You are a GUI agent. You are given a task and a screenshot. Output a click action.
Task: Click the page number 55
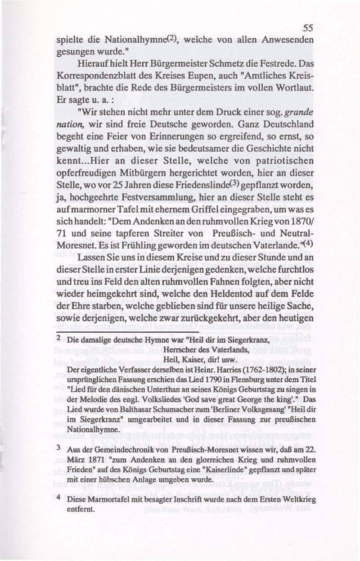point(308,27)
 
